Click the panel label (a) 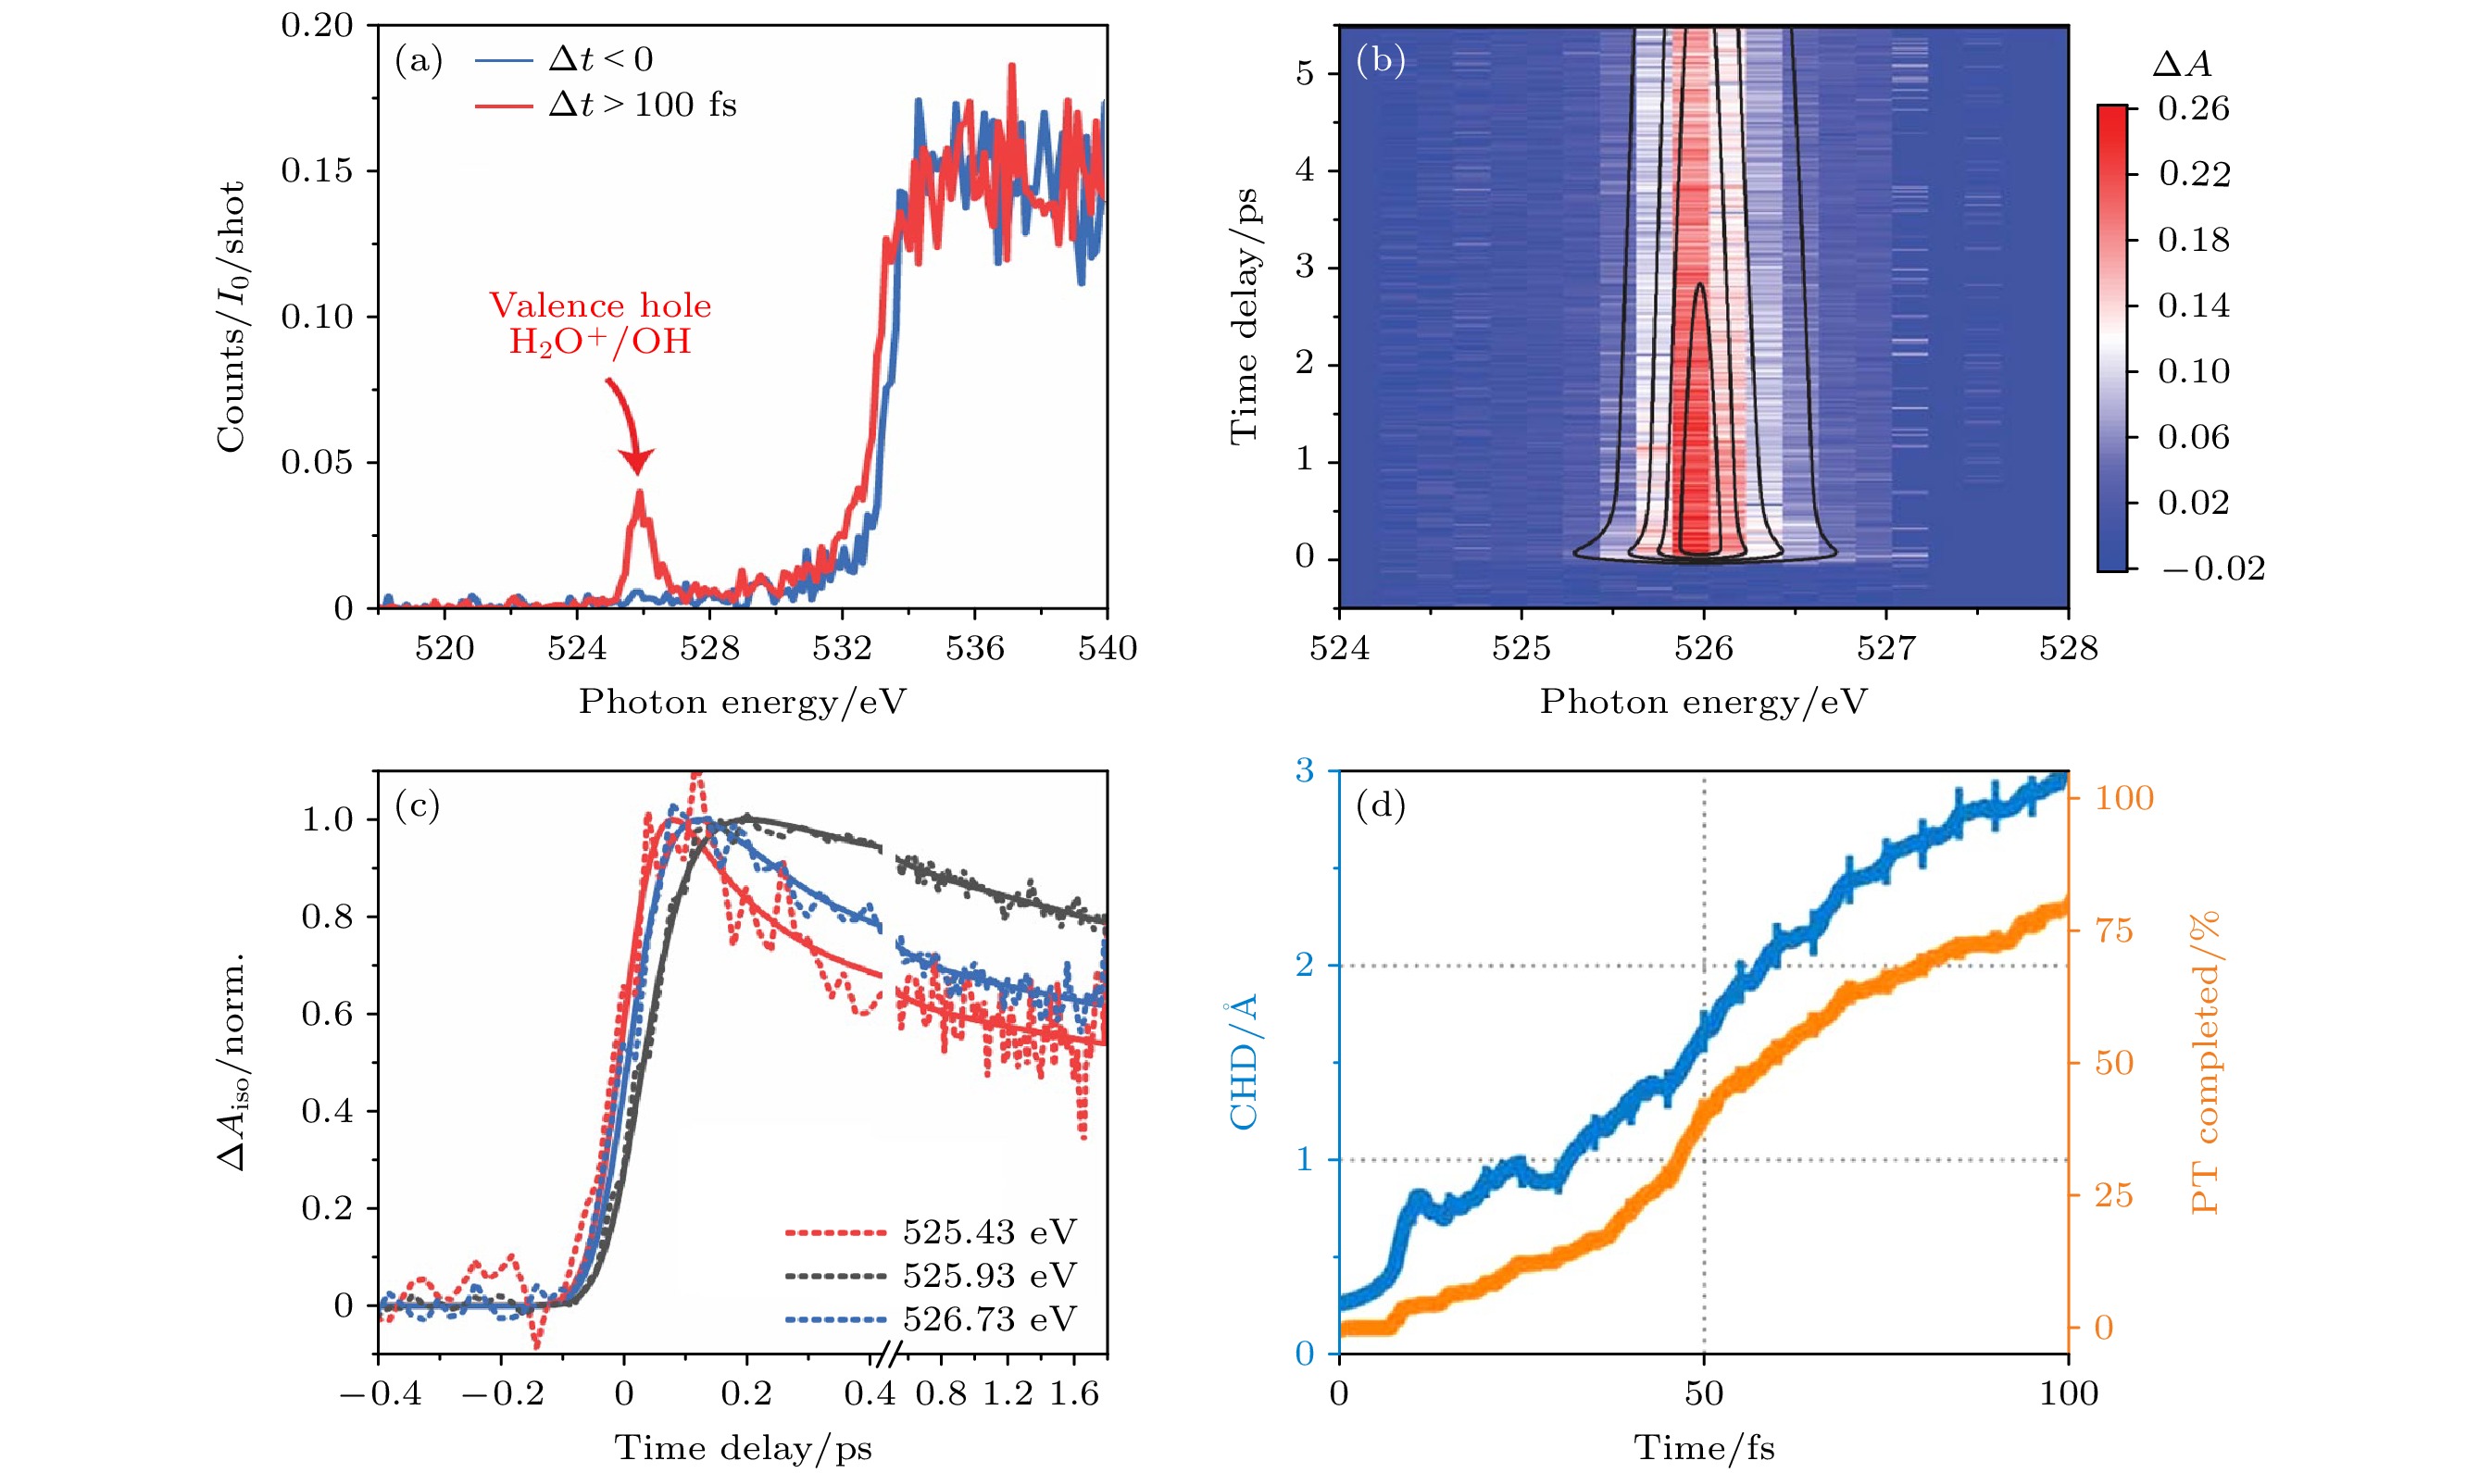(x=418, y=61)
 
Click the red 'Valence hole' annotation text (x=600, y=306)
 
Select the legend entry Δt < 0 (x=601, y=59)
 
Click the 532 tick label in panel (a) (x=842, y=648)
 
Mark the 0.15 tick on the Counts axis (x=317, y=170)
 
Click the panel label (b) (x=1380, y=61)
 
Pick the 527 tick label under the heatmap (x=1885, y=648)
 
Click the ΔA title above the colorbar (x=2181, y=65)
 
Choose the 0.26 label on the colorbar (x=2193, y=108)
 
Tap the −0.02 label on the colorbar (x=2213, y=568)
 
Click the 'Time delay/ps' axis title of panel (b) (x=1244, y=316)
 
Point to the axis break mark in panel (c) (x=891, y=1353)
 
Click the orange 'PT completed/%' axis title (x=2205, y=1062)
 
